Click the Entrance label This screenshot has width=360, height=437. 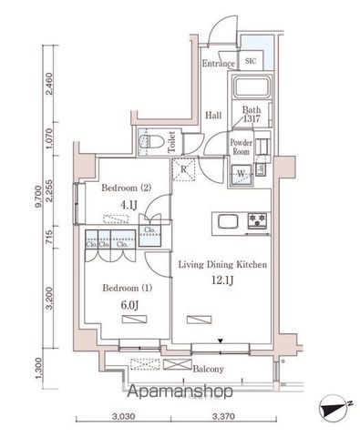(219, 64)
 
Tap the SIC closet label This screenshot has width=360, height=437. (251, 62)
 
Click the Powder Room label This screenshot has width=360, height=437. (241, 147)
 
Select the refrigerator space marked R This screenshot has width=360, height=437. (185, 169)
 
